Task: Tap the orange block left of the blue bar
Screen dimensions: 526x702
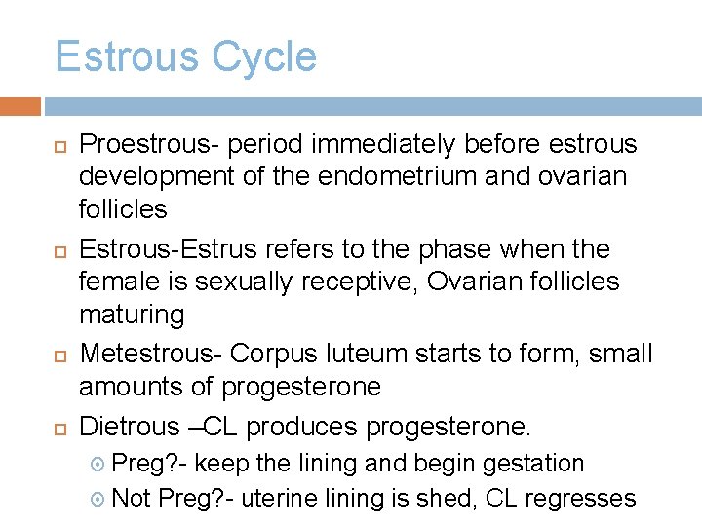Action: pyautogui.click(x=20, y=106)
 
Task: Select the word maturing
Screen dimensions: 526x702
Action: pyautogui.click(x=132, y=315)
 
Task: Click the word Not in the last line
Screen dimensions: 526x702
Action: pyautogui.click(x=132, y=499)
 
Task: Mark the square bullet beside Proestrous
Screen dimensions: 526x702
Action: pyautogui.click(x=59, y=146)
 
